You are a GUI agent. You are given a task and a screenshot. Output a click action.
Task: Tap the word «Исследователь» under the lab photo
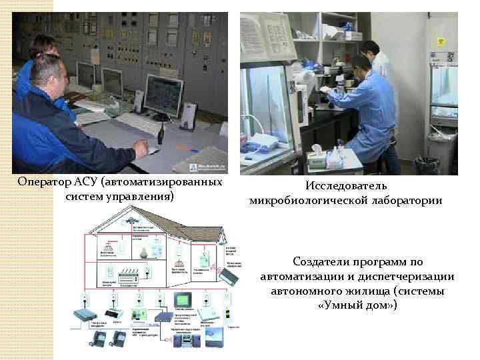345,186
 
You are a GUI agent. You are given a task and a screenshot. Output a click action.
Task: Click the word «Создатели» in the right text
321,262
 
